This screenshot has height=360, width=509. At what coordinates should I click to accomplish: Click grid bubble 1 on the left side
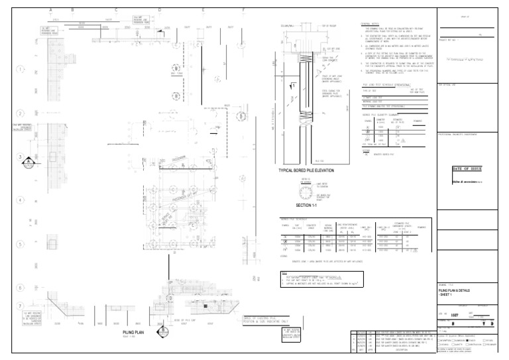tap(21, 70)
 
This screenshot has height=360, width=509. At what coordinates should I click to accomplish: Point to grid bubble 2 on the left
tap(21, 113)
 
